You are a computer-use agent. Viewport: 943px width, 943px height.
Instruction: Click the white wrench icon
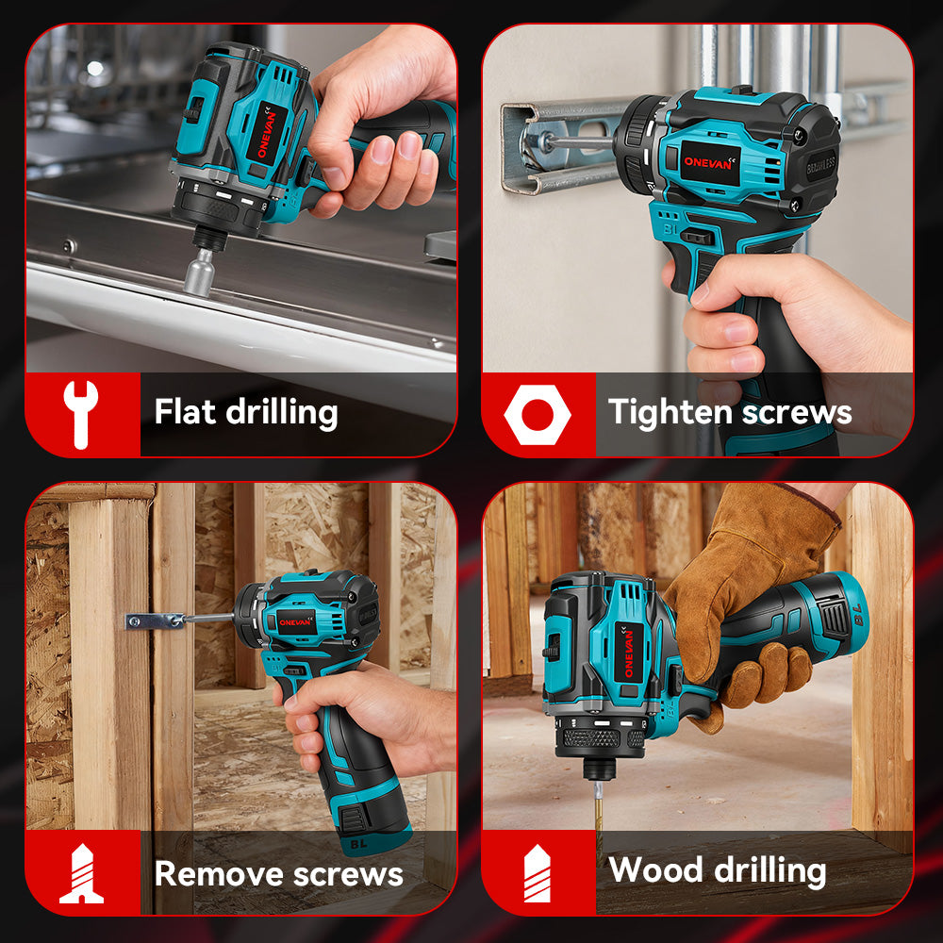coord(80,414)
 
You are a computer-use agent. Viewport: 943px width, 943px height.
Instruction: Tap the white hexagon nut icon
coord(537,414)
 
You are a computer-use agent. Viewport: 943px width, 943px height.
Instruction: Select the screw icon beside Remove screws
coord(81,874)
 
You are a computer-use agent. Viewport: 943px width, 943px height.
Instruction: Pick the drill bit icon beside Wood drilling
coord(537,872)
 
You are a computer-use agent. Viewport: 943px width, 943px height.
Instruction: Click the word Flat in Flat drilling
coord(181,412)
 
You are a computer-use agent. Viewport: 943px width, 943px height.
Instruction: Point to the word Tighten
coord(670,412)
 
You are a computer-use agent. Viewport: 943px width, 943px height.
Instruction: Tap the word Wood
coord(652,870)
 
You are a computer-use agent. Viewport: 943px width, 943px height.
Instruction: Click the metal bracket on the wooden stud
coord(156,620)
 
